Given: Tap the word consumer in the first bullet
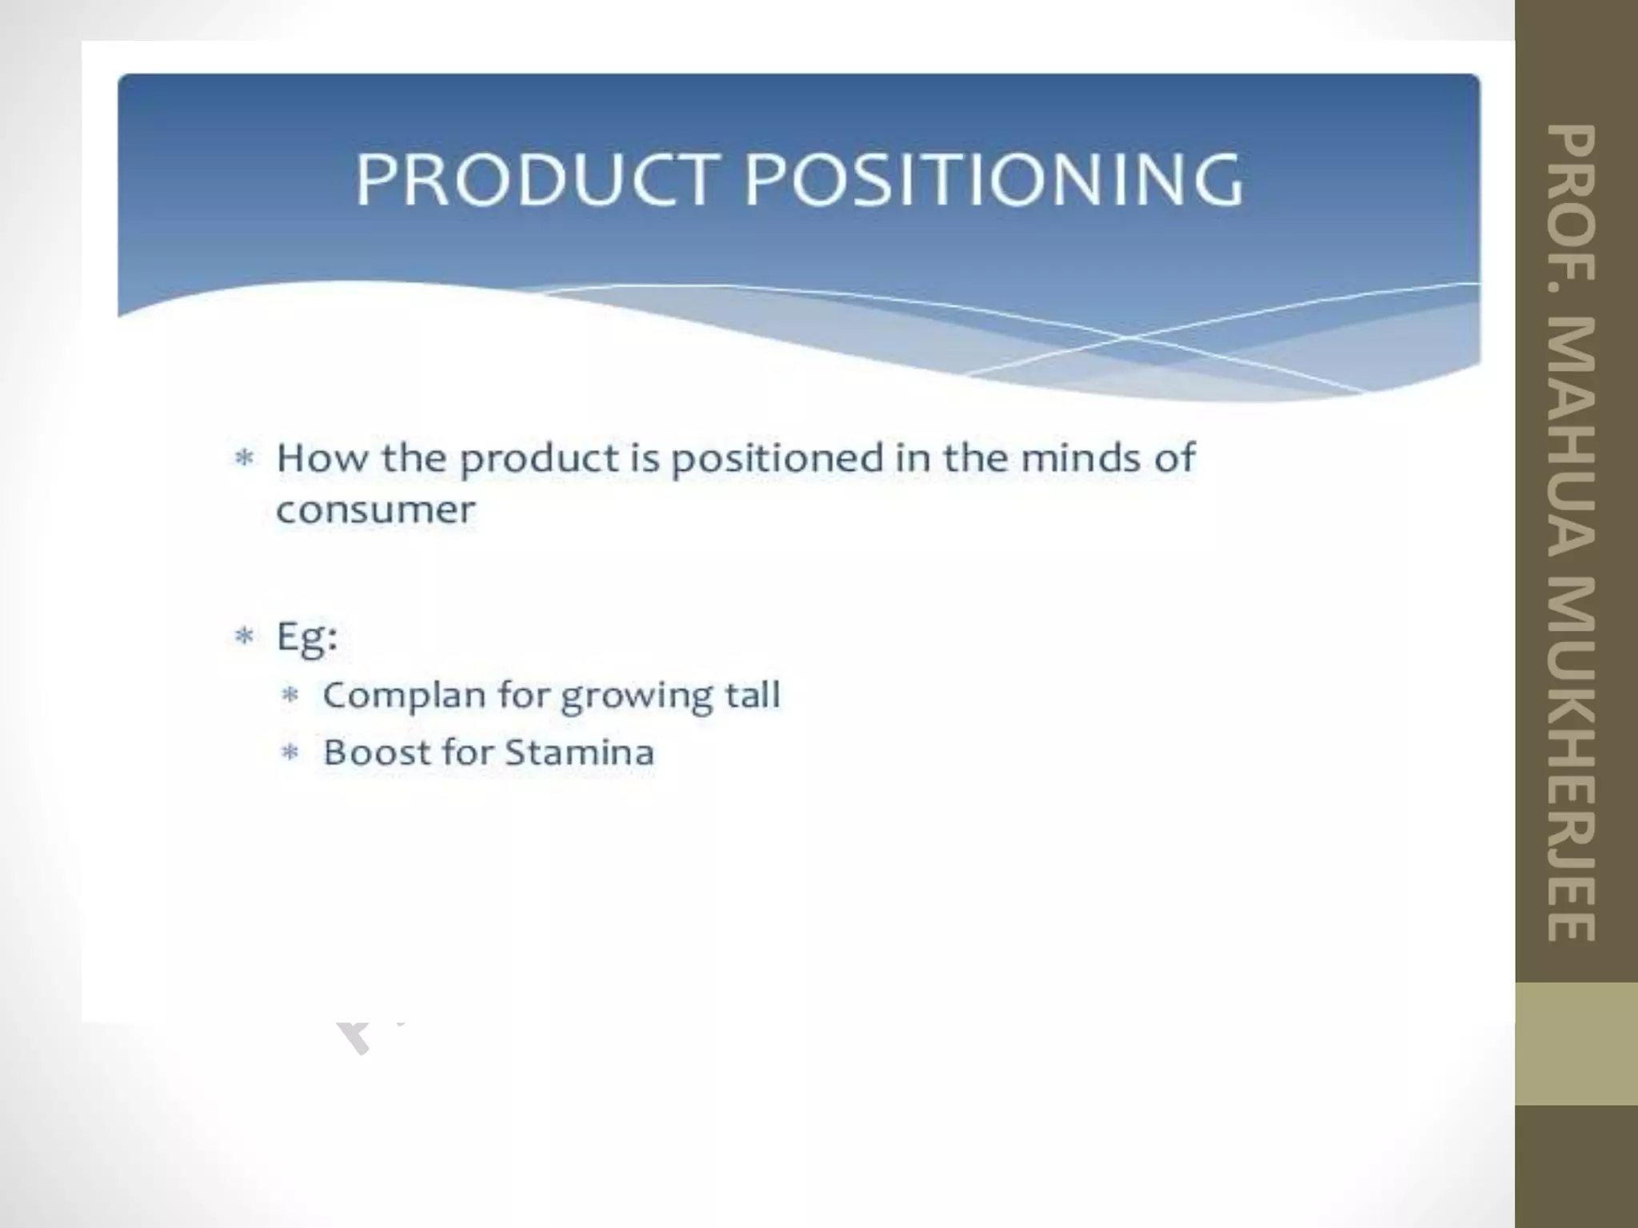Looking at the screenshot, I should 375,510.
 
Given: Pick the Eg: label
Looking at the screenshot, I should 307,638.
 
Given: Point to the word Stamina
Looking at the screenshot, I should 579,752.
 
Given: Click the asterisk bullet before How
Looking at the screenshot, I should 244,459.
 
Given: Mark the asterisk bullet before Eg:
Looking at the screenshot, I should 244,637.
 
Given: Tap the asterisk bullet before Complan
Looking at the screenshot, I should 290,695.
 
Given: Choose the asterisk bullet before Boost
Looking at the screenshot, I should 290,752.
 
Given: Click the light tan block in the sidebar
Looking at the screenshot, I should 1576,1043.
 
